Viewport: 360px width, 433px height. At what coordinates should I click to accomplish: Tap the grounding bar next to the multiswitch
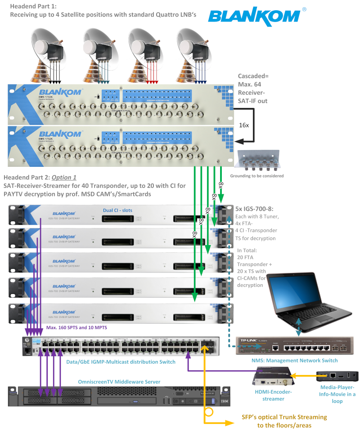(x=259, y=161)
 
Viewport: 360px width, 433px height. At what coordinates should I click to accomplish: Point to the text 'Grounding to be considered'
(x=257, y=176)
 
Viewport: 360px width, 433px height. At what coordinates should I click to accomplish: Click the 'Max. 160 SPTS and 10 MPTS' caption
(x=76, y=328)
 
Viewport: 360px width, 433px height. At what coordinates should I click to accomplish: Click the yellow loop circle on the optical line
(x=208, y=411)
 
